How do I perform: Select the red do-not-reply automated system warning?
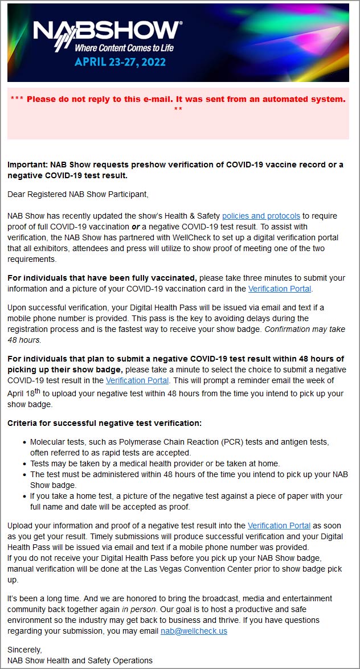(x=178, y=99)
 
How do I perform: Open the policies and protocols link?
(x=261, y=216)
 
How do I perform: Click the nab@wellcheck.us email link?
(x=194, y=631)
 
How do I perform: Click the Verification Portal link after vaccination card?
(x=280, y=289)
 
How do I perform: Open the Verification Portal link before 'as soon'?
(x=279, y=526)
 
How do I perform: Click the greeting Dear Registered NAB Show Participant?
(x=77, y=194)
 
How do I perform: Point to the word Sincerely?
(x=25, y=649)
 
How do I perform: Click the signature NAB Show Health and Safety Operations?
(x=80, y=660)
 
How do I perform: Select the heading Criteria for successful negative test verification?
(x=104, y=423)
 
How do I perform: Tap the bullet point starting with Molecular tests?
(x=179, y=442)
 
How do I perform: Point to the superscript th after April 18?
(x=38, y=391)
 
